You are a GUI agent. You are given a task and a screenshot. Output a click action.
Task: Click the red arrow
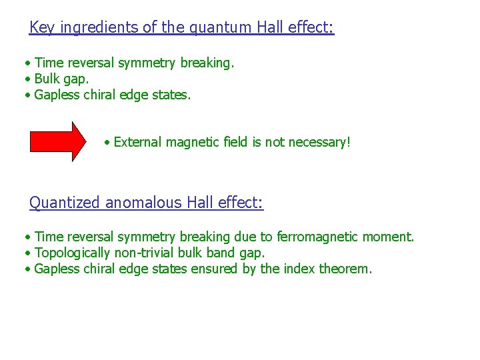click(59, 141)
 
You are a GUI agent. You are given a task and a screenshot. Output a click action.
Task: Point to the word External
click(136, 142)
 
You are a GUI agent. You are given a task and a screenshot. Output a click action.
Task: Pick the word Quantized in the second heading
click(65, 203)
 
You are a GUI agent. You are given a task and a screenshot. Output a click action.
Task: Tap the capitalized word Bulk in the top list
click(47, 79)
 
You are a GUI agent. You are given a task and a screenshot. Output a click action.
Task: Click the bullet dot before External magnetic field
click(107, 143)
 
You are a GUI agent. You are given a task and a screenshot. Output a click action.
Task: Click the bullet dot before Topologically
click(27, 253)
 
